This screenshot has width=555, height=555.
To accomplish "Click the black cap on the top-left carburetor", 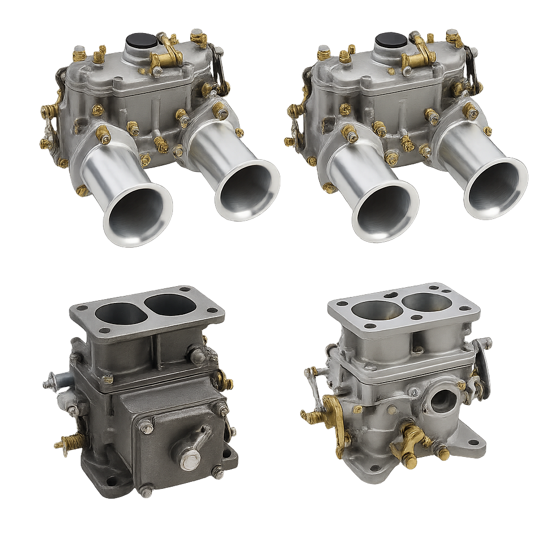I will pyautogui.click(x=141, y=40).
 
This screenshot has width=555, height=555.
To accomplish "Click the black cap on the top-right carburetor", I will pyautogui.click(x=391, y=40).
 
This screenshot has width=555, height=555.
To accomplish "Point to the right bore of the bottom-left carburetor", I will pyautogui.click(x=171, y=305).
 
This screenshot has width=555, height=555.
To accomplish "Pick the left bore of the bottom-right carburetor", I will pyautogui.click(x=376, y=310).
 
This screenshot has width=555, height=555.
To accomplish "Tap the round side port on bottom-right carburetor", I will pyautogui.click(x=443, y=401).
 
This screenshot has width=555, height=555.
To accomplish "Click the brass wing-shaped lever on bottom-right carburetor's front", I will pyautogui.click(x=410, y=441).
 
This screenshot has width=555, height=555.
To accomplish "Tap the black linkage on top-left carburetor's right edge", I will pyautogui.click(x=218, y=68).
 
